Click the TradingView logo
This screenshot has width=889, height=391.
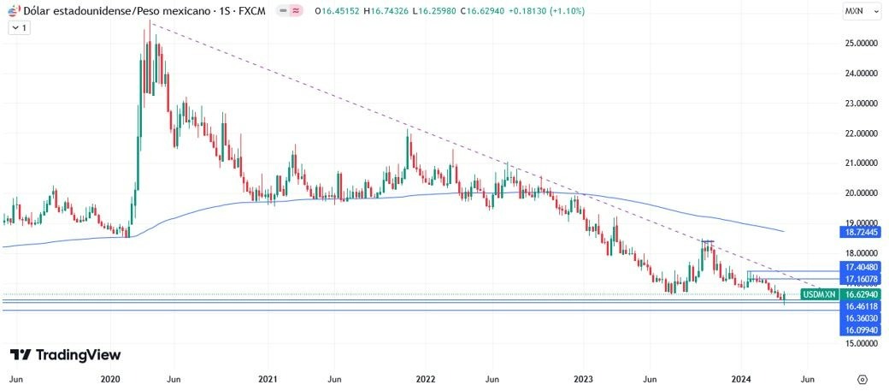point(65,355)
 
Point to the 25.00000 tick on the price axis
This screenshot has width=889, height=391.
point(860,43)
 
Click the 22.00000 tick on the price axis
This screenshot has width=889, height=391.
point(860,133)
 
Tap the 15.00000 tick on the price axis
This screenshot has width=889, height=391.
point(860,343)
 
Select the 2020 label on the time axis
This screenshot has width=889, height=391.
point(109,378)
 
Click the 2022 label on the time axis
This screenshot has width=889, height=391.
point(425,378)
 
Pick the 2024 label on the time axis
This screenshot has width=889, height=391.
point(741,378)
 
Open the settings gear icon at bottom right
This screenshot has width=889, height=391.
point(862,378)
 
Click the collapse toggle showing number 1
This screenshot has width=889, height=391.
point(19,27)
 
